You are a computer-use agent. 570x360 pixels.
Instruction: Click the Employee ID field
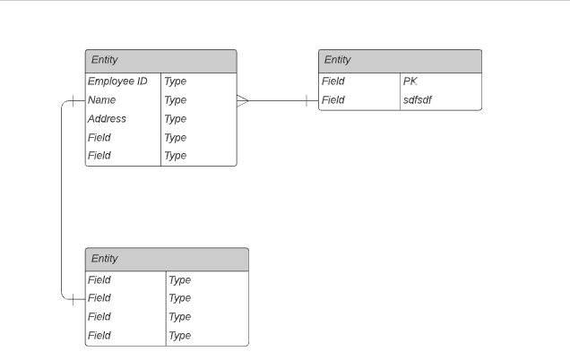point(117,81)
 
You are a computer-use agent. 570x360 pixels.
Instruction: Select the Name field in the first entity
point(102,100)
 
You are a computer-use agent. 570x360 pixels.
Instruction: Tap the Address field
point(108,119)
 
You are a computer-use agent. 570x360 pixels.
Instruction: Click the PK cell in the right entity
point(411,81)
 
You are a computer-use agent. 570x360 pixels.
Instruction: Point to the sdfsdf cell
point(418,100)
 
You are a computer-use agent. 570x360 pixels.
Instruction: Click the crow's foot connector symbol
point(243,100)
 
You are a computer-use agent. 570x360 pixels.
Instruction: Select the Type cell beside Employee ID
point(176,81)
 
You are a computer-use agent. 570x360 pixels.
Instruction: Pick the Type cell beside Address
point(176,119)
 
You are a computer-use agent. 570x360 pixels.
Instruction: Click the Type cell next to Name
point(176,100)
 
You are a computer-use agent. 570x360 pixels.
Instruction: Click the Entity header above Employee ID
point(160,61)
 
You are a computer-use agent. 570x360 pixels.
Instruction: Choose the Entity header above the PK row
point(400,61)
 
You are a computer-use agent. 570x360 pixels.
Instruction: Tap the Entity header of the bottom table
point(167,260)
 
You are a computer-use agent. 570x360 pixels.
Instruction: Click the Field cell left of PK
point(333,81)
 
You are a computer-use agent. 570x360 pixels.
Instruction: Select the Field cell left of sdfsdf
point(333,100)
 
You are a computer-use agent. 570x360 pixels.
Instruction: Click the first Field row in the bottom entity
point(99,280)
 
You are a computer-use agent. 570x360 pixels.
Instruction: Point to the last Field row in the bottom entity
point(99,336)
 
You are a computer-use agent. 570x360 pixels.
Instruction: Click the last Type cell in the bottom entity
point(180,336)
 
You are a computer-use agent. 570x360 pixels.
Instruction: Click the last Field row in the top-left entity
point(99,156)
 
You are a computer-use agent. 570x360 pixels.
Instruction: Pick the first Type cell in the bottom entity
point(180,280)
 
